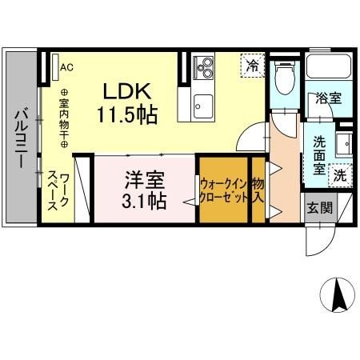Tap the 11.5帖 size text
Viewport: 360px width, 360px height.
pos(126,114)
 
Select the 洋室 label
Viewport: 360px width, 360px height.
pos(144,177)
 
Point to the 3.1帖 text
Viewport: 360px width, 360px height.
pos(145,200)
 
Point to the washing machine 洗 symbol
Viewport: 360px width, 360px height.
pos(340,174)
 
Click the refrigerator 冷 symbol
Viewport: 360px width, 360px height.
pos(253,65)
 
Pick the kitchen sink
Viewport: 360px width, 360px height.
pos(202,102)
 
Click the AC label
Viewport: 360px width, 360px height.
pos(66,67)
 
